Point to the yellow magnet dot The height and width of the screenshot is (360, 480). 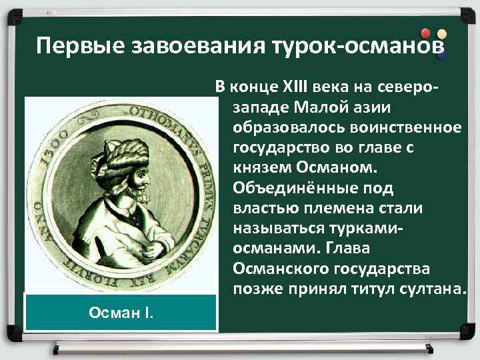point(441,33)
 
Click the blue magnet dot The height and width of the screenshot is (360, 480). point(440,55)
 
